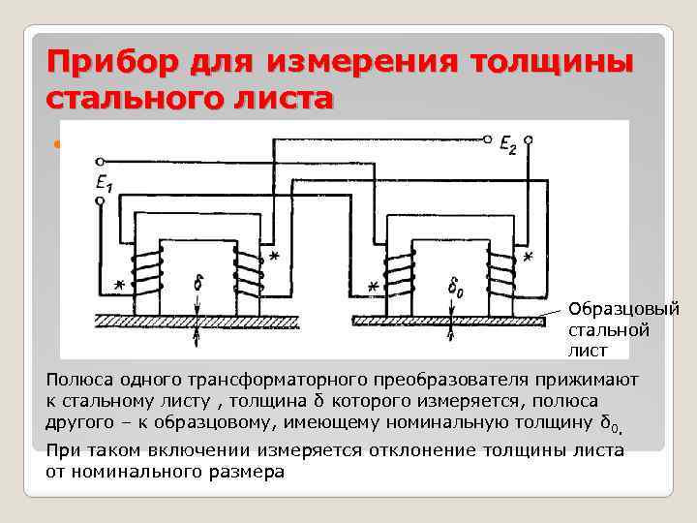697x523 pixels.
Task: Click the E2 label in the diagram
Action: pos(532,145)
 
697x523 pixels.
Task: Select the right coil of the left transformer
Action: pos(248,270)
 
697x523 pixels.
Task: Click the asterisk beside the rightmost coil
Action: pos(528,258)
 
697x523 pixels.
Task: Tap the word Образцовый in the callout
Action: pos(623,310)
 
